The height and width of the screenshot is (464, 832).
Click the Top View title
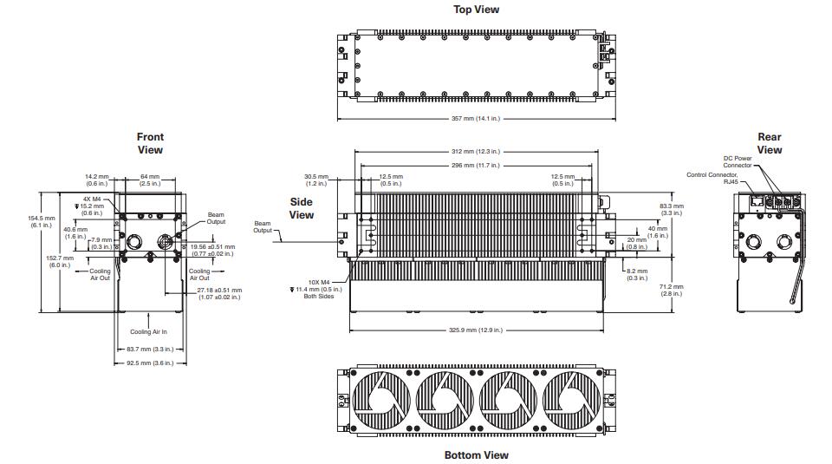(476, 9)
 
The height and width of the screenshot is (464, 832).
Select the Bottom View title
(476, 455)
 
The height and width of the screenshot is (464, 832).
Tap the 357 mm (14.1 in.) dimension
(476, 119)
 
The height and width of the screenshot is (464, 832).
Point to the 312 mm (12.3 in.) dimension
(476, 151)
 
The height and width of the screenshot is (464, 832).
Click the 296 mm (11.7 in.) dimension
(476, 165)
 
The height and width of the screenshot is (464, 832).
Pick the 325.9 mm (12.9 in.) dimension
(476, 330)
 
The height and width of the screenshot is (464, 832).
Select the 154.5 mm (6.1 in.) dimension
(42, 221)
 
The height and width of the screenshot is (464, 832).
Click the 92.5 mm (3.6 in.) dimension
(150, 363)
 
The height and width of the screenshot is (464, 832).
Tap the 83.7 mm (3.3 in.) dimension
(150, 350)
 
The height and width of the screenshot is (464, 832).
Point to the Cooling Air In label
(148, 332)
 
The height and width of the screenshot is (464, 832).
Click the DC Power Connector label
(738, 161)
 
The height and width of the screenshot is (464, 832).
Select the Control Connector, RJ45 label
(712, 178)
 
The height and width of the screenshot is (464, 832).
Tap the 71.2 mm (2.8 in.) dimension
(671, 290)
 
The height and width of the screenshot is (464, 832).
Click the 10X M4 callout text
(319, 283)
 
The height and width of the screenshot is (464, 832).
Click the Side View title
(302, 208)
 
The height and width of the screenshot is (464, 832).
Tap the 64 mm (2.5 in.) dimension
(150, 180)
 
